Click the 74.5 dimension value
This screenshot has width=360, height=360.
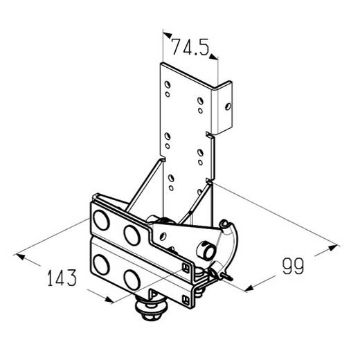190,47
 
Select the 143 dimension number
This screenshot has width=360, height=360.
62,278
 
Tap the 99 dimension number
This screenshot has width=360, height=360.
294,267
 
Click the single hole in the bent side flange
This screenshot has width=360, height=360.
228,107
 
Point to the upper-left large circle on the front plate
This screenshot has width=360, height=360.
101,220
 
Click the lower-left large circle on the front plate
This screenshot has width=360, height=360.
101,264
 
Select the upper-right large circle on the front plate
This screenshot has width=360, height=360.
132,235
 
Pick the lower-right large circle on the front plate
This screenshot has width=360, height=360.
132,280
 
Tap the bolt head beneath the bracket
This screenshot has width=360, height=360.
151,309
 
